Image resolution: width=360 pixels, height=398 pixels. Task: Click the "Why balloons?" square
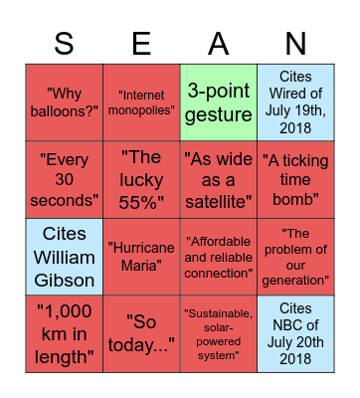pyautogui.click(x=64, y=101)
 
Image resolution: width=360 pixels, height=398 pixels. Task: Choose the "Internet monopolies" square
pyautogui.click(x=141, y=101)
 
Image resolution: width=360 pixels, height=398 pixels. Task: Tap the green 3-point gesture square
pyautogui.click(x=218, y=101)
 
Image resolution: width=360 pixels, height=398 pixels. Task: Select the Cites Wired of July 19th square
pyautogui.click(x=295, y=101)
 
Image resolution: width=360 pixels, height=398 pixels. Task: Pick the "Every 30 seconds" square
pyautogui.click(x=64, y=178)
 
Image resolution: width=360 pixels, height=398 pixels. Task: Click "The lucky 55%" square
pyautogui.click(x=141, y=178)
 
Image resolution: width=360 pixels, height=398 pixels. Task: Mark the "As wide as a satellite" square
pyautogui.click(x=218, y=178)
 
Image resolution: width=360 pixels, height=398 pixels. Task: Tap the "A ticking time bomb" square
pyautogui.click(x=295, y=178)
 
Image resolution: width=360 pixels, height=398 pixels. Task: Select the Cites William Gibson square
pyautogui.click(x=64, y=256)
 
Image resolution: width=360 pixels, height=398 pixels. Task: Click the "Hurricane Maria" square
pyautogui.click(x=141, y=256)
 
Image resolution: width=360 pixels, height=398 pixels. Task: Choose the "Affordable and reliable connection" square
pyautogui.click(x=218, y=256)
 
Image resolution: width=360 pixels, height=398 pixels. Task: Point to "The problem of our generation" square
pyautogui.click(x=295, y=256)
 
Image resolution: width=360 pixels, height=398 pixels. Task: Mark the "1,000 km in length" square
pyautogui.click(x=64, y=332)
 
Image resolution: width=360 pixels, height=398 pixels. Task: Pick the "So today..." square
pyautogui.click(x=141, y=332)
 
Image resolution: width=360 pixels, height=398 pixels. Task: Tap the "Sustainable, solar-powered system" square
pyautogui.click(x=218, y=332)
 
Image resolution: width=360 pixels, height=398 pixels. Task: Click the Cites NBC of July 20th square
pyautogui.click(x=295, y=332)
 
